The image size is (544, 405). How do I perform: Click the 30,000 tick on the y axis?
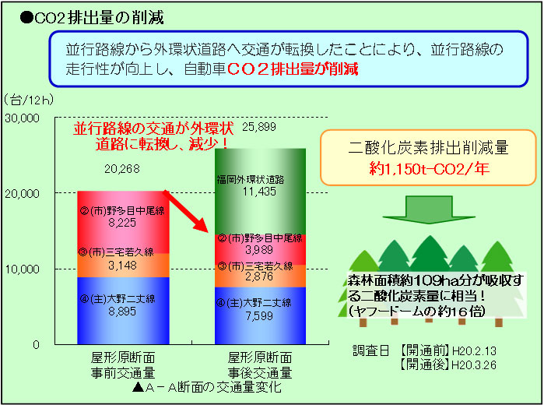pos(22,118)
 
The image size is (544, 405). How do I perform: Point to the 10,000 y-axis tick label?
pos(22,269)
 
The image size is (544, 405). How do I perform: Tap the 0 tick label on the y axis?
pos(36,344)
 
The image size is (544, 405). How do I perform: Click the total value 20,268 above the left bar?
pos(122,169)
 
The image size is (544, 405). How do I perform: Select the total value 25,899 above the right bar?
pos(259,127)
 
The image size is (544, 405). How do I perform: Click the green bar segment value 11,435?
pos(259,192)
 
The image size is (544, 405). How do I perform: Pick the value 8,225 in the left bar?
pos(122,223)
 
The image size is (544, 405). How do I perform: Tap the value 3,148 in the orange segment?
pos(122,266)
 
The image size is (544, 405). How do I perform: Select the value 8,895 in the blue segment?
pos(122,312)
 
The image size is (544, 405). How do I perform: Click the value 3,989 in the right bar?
pos(259,250)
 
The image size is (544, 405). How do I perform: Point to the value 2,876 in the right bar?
pos(259,276)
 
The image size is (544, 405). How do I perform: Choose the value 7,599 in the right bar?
pos(259,315)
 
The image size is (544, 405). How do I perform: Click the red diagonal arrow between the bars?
pos(185,211)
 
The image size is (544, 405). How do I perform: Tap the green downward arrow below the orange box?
pos(429,210)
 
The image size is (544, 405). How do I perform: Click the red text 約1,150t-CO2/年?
pos(429,169)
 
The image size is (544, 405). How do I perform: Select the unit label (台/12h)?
pos(29,100)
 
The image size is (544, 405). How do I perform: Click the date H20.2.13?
pos(474,350)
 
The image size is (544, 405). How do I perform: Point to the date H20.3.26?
pos(474,365)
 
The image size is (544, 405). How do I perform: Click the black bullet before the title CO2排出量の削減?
pos(26,18)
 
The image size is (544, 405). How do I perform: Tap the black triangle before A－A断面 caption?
pos(138,387)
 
